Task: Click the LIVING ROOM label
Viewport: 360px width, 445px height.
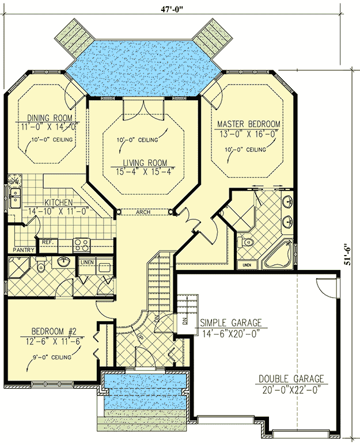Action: [143, 162]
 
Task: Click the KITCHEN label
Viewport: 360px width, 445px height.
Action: [58, 203]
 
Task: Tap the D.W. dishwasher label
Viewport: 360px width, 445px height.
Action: [14, 182]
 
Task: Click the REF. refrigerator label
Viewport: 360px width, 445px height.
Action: [48, 242]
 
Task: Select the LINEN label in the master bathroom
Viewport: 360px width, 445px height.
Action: [247, 264]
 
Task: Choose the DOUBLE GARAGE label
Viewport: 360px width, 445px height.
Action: [291, 379]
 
